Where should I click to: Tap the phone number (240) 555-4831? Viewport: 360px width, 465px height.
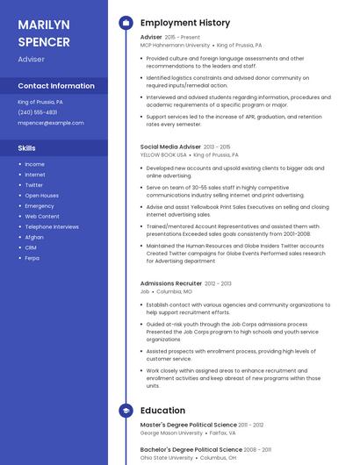tap(38, 112)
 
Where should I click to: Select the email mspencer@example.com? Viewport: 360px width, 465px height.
tap(51, 123)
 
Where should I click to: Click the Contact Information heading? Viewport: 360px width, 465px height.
tap(56, 86)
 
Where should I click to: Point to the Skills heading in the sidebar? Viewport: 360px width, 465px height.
tap(27, 148)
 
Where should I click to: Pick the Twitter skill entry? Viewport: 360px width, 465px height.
tap(33, 185)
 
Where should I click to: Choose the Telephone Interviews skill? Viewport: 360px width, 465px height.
tap(51, 226)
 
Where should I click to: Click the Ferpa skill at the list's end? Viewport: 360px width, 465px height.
tap(32, 258)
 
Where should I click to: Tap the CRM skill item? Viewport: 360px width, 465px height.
tap(30, 247)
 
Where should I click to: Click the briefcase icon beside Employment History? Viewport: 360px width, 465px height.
tap(126, 23)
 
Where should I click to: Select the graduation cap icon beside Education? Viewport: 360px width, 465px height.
tap(126, 410)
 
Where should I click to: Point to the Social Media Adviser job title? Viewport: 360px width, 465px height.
tap(170, 147)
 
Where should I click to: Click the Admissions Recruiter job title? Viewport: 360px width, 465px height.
tap(170, 283)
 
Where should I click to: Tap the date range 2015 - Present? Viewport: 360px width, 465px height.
tap(183, 38)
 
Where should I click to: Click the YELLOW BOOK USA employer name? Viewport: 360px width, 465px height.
tap(163, 154)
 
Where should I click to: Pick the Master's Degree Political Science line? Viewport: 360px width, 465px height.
tap(188, 425)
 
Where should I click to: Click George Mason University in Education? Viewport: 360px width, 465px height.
tap(172, 433)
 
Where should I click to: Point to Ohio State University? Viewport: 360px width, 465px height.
tap(166, 457)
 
